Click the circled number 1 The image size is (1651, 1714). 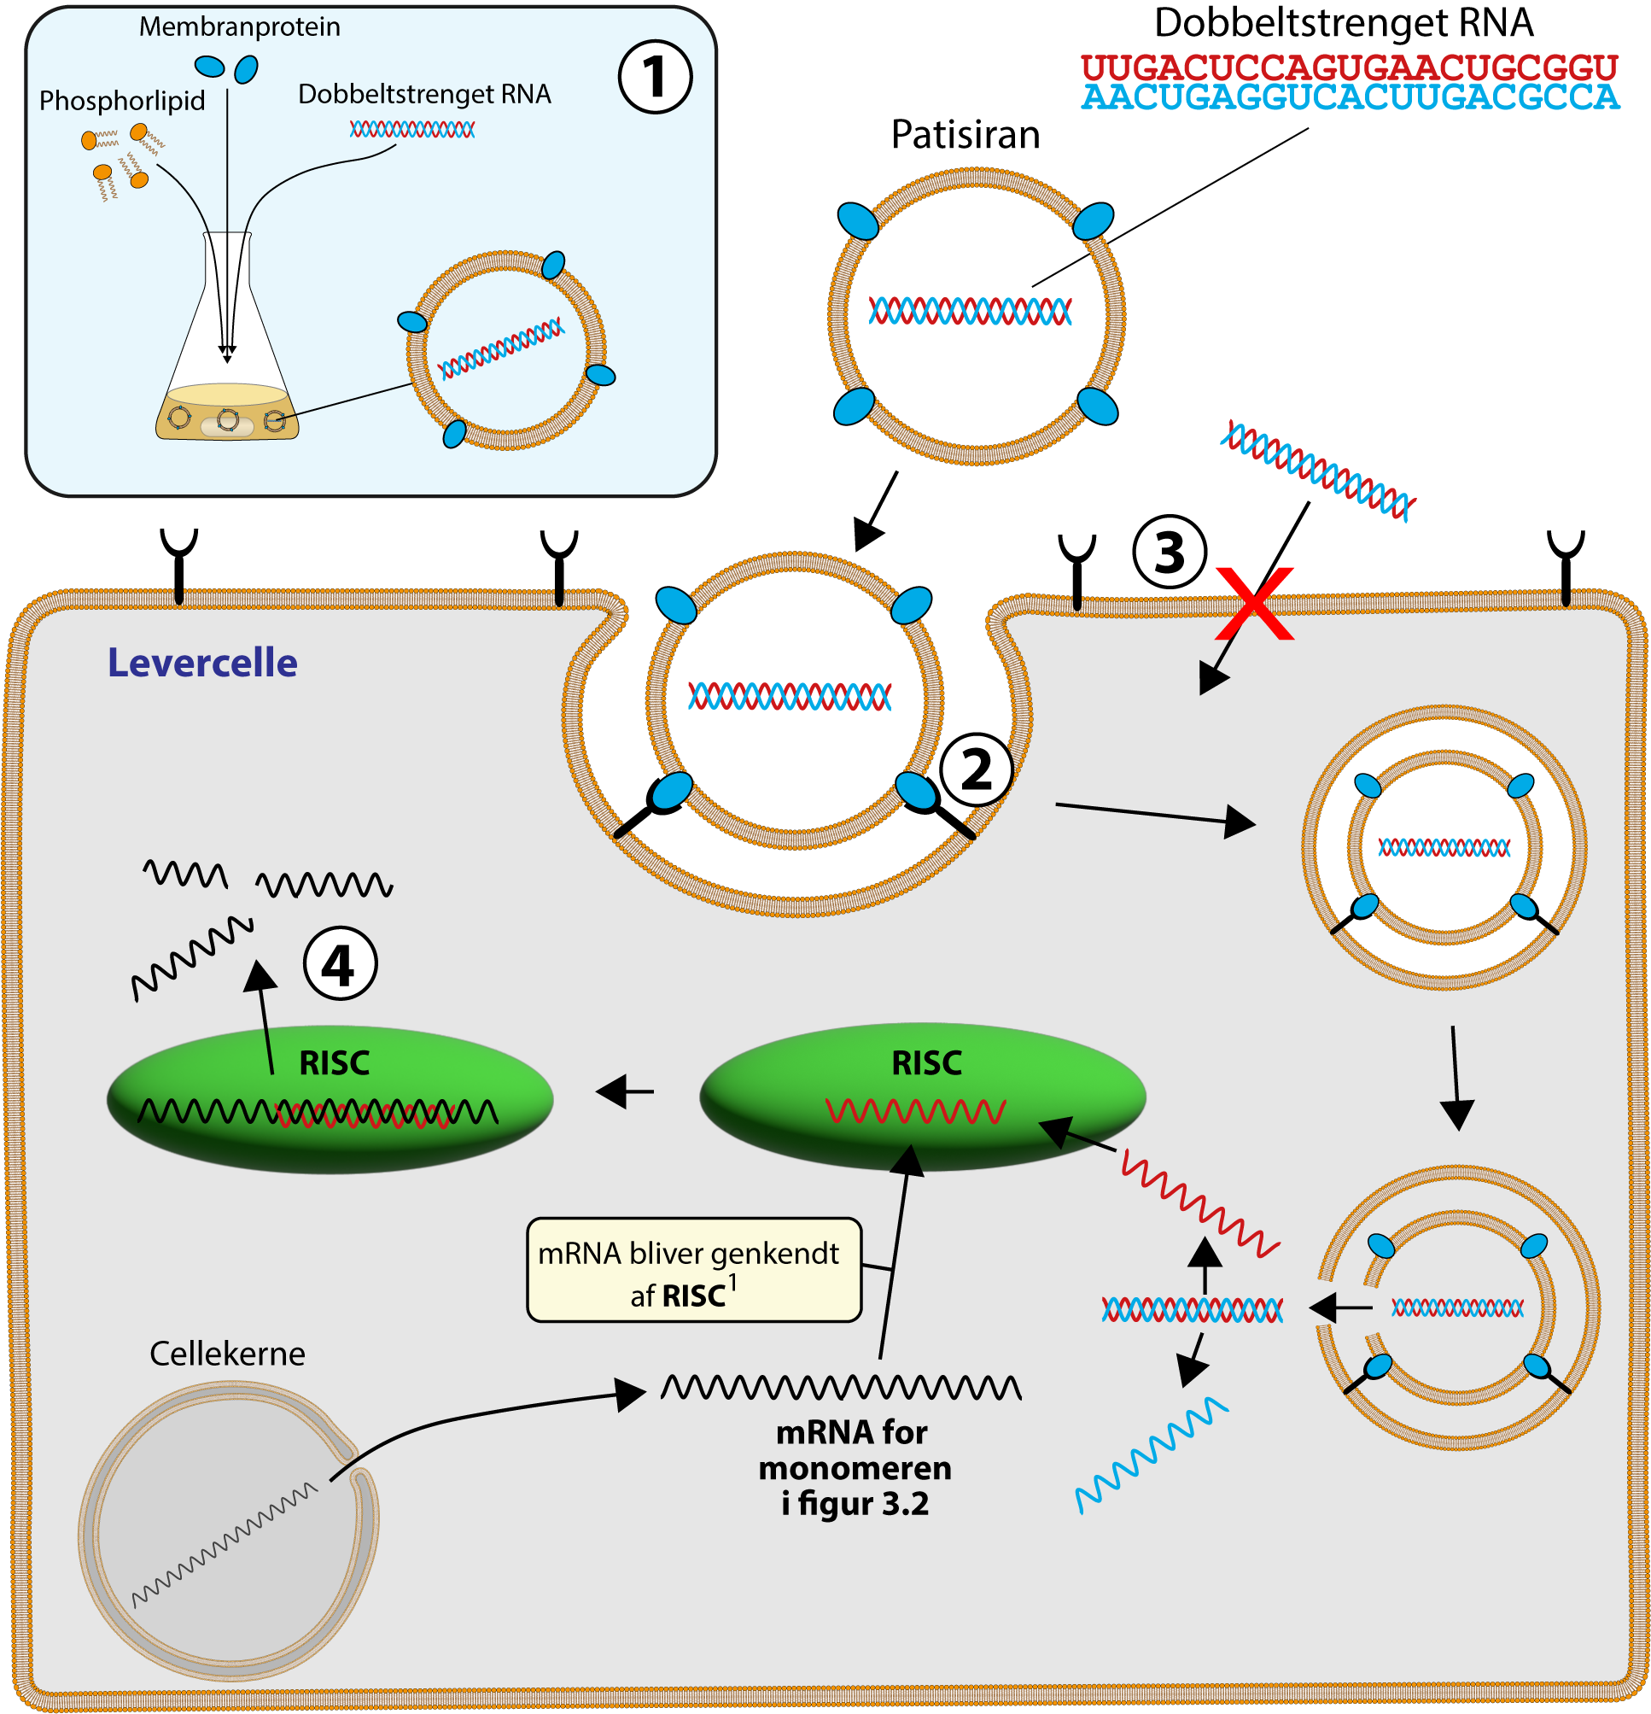coord(655,77)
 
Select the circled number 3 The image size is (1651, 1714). coord(1170,553)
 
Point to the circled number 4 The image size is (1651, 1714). coord(340,964)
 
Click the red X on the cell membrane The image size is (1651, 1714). coord(1255,604)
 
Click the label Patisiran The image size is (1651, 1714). coord(965,135)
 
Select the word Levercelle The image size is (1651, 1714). coord(202,663)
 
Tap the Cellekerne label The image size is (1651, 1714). coord(227,1354)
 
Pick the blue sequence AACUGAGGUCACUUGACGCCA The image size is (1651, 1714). coord(1350,97)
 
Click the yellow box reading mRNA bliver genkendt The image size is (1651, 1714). coord(693,1271)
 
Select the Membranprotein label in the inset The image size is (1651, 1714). coord(240,27)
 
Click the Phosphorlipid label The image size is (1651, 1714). coord(122,101)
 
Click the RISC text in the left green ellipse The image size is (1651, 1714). coord(334,1063)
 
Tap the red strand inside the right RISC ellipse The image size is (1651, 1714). coord(915,1111)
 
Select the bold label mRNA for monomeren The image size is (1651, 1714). coord(854,1468)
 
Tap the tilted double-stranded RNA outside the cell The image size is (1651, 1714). coord(1316,471)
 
